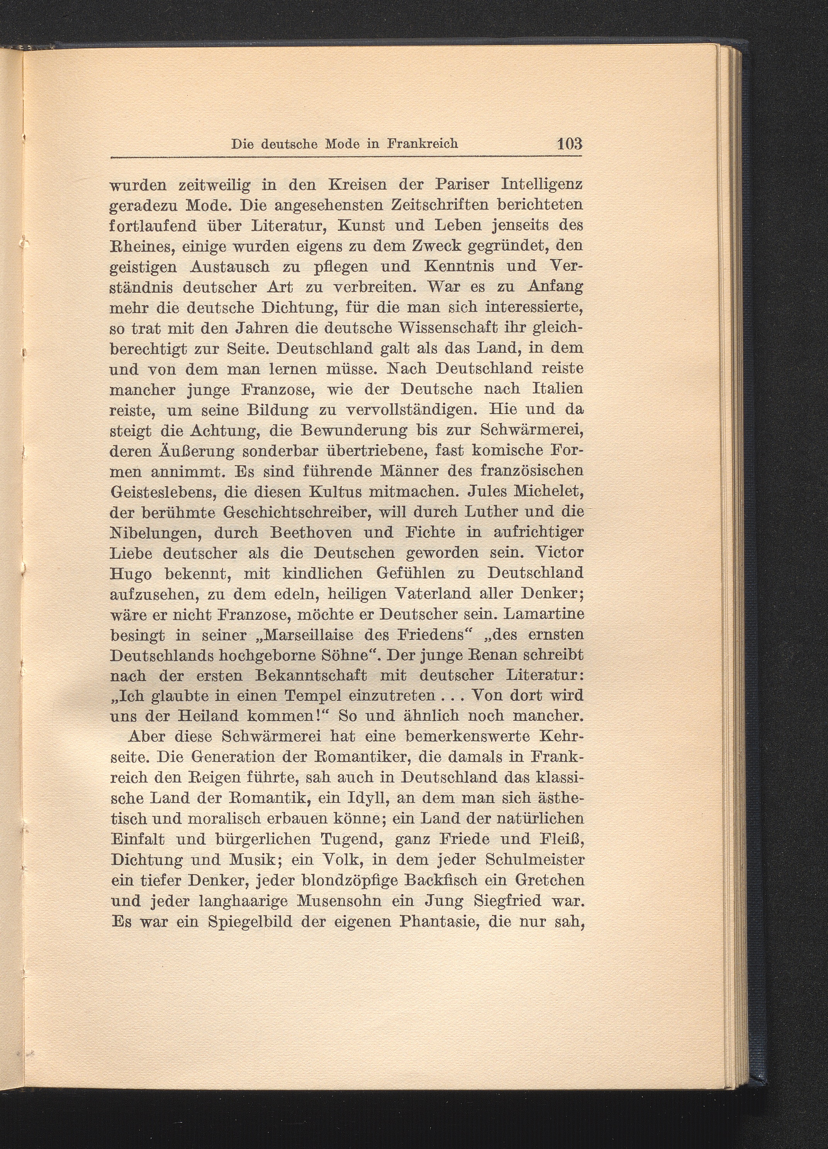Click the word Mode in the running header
342,144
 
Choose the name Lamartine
546,614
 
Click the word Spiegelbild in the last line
250,921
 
